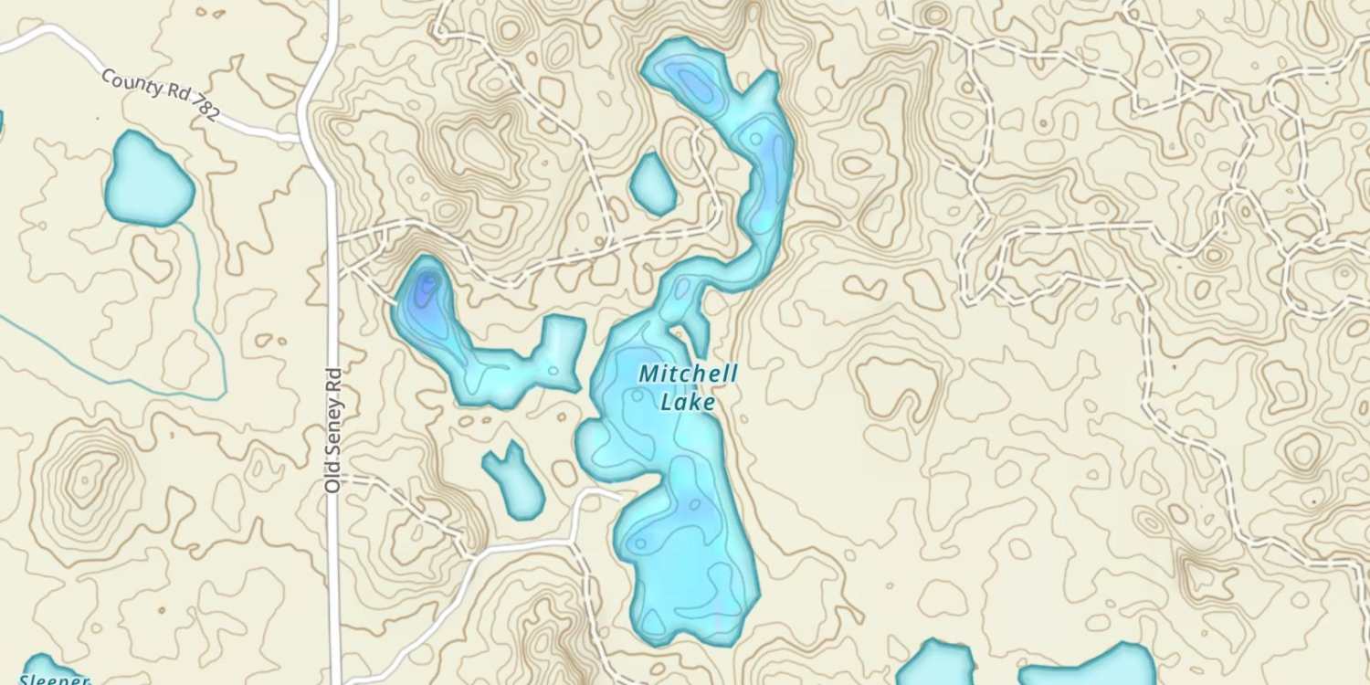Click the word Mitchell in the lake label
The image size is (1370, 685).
point(688,374)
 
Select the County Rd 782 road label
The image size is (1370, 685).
point(160,94)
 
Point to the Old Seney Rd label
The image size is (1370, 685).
point(332,430)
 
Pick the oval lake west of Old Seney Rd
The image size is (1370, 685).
point(148,180)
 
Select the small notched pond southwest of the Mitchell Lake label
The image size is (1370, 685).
point(515,482)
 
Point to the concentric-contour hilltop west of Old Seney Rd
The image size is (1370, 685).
point(88,476)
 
